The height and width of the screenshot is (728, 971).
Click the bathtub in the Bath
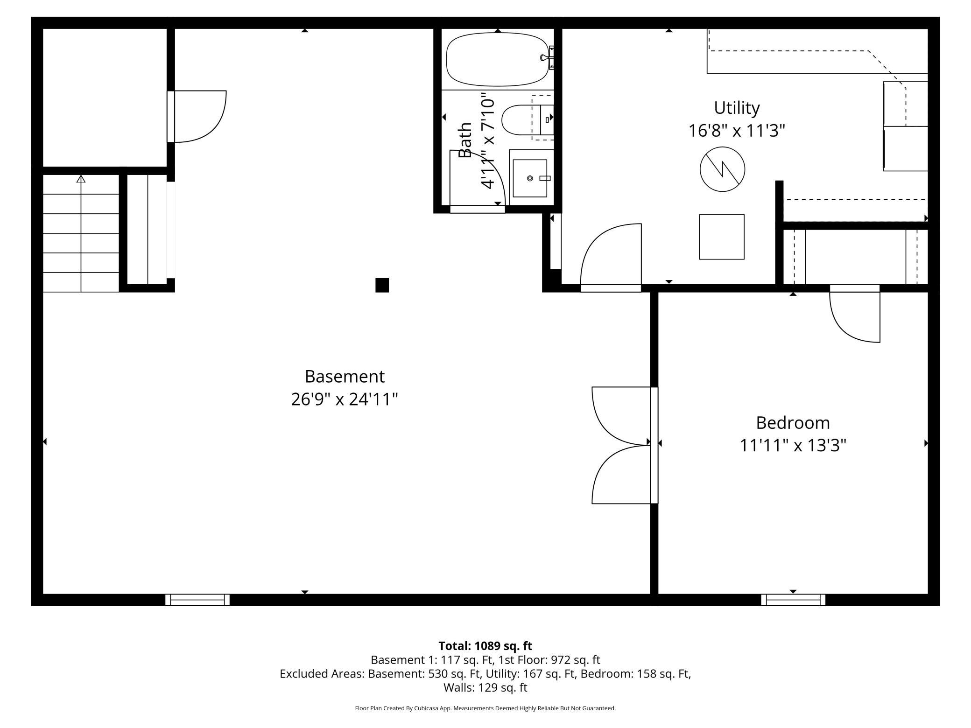click(x=498, y=59)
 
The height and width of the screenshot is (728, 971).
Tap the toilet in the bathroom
click(x=528, y=120)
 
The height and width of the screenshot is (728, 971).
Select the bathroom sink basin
click(x=530, y=178)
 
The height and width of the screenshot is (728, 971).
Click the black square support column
click(x=382, y=285)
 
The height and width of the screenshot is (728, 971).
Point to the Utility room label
click(x=737, y=108)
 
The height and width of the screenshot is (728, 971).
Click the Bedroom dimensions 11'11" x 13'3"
click(x=793, y=445)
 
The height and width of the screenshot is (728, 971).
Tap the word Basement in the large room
click(x=345, y=376)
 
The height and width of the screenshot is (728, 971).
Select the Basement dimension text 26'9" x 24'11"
click(x=345, y=399)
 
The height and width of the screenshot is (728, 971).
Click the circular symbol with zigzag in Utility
click(x=722, y=169)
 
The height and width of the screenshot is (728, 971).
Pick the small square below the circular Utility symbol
click(x=722, y=237)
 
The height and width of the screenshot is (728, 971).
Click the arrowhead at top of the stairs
click(x=81, y=179)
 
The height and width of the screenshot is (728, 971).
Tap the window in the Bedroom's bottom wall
click(x=793, y=600)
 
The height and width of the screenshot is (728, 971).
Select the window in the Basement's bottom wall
click(x=197, y=600)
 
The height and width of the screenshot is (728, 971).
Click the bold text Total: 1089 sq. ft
click(x=485, y=646)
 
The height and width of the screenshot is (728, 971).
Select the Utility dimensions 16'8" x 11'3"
click(x=737, y=131)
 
